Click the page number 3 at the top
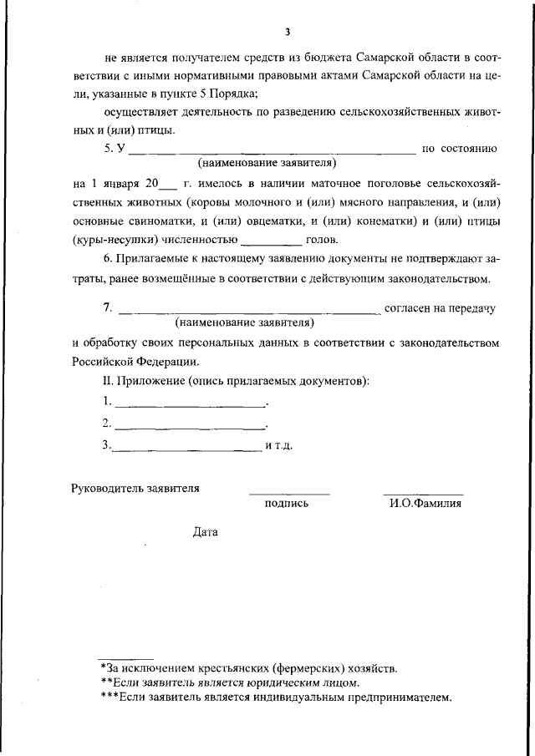pos(287,33)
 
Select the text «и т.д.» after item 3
pos(278,445)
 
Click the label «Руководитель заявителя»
pos(135,488)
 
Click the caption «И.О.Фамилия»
pos(425,504)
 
